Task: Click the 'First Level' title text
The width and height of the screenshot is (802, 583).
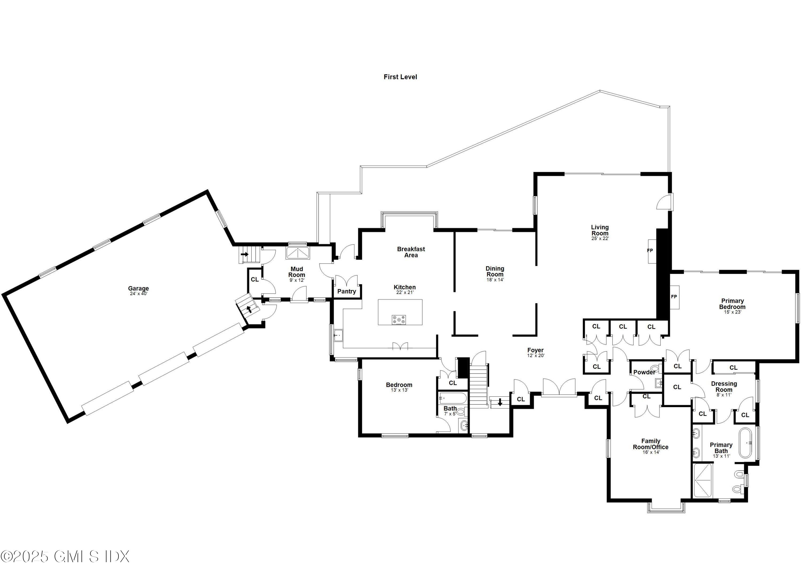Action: click(400, 77)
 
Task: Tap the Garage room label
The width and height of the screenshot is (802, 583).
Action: click(138, 288)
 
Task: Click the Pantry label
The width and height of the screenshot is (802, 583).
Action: click(346, 291)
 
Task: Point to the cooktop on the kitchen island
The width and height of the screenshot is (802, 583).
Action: click(399, 320)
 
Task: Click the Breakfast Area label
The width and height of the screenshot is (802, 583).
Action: click(411, 252)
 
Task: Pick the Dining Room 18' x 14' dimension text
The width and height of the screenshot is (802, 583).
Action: click(495, 280)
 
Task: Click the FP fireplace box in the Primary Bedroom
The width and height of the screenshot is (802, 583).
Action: click(674, 297)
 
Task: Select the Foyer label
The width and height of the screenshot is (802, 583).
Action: click(535, 350)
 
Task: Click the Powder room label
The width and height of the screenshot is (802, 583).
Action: click(644, 372)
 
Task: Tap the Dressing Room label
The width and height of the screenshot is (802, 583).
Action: click(724, 387)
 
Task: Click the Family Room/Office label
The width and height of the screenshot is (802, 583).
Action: click(651, 444)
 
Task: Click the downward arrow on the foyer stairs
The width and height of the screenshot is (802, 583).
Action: click(500, 402)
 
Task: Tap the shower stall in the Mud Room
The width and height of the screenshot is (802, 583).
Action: click(298, 253)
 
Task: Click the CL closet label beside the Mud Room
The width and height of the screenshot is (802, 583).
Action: click(255, 279)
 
